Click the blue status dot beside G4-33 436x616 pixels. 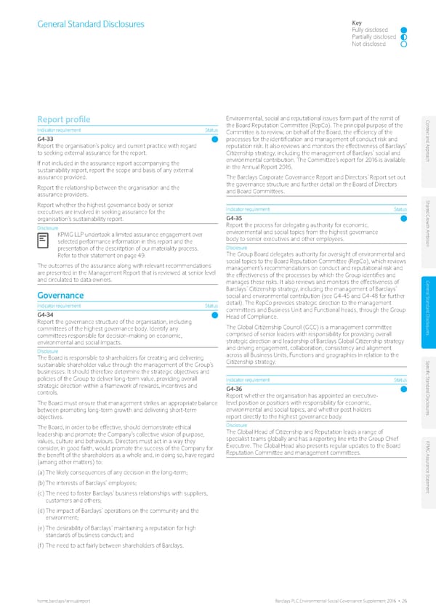pos(215,139)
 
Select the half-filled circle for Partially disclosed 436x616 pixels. pos(403,37)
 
